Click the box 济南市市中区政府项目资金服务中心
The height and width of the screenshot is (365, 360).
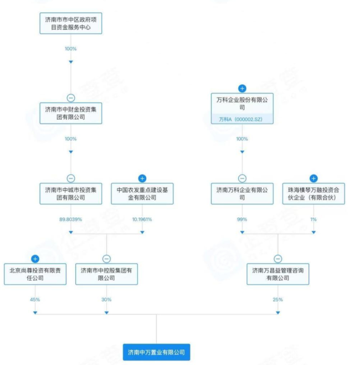click(70, 23)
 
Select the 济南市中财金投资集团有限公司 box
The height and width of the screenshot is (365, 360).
click(70, 112)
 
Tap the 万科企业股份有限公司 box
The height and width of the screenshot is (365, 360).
click(242, 104)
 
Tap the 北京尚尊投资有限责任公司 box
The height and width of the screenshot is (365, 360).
click(35, 274)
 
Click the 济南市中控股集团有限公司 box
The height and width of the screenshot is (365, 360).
click(106, 274)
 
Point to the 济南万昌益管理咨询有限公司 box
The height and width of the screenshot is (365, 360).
click(277, 274)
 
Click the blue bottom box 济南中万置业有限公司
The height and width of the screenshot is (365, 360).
click(157, 352)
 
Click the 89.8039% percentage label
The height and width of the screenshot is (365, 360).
click(70, 219)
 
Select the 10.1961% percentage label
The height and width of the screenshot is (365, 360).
click(142, 219)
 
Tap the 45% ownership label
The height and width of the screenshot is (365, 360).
click(35, 300)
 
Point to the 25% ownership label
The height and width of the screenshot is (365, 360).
click(277, 300)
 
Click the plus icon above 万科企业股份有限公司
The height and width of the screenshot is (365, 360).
click(242, 89)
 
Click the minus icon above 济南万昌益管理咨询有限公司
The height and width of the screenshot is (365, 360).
click(277, 259)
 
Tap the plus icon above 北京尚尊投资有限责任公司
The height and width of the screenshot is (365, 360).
click(35, 259)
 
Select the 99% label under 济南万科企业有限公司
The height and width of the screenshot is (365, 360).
click(242, 219)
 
